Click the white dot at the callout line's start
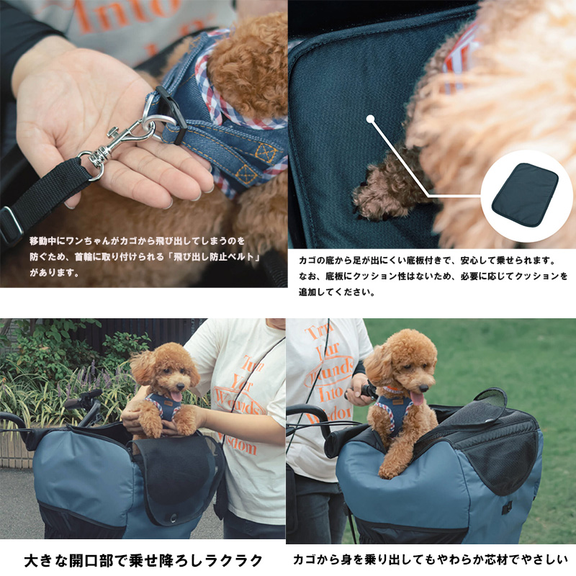tap(370, 119)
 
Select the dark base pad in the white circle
tap(525, 194)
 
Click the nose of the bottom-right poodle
tap(423, 388)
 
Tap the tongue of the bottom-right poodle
tap(417, 398)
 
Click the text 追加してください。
tap(337, 292)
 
